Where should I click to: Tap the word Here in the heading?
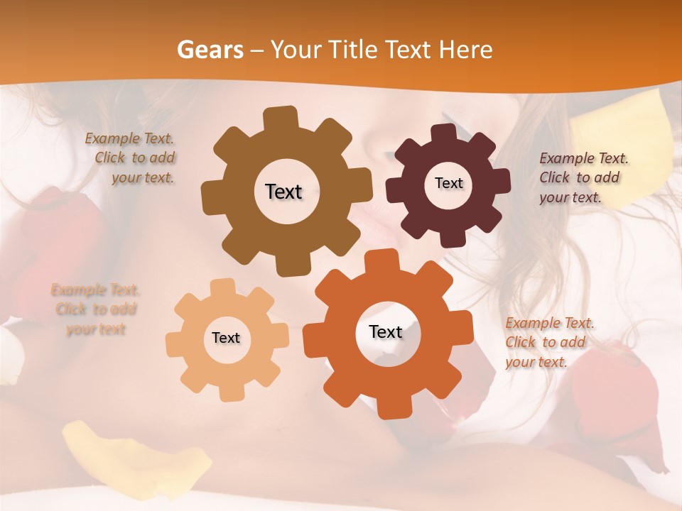466,50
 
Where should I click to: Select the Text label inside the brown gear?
283,192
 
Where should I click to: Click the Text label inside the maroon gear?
448,183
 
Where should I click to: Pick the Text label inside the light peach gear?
226,339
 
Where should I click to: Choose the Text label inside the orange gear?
386,332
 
